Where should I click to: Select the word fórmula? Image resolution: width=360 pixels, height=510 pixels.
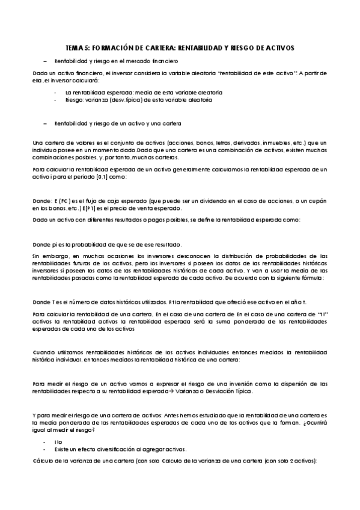coord(312,278)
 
